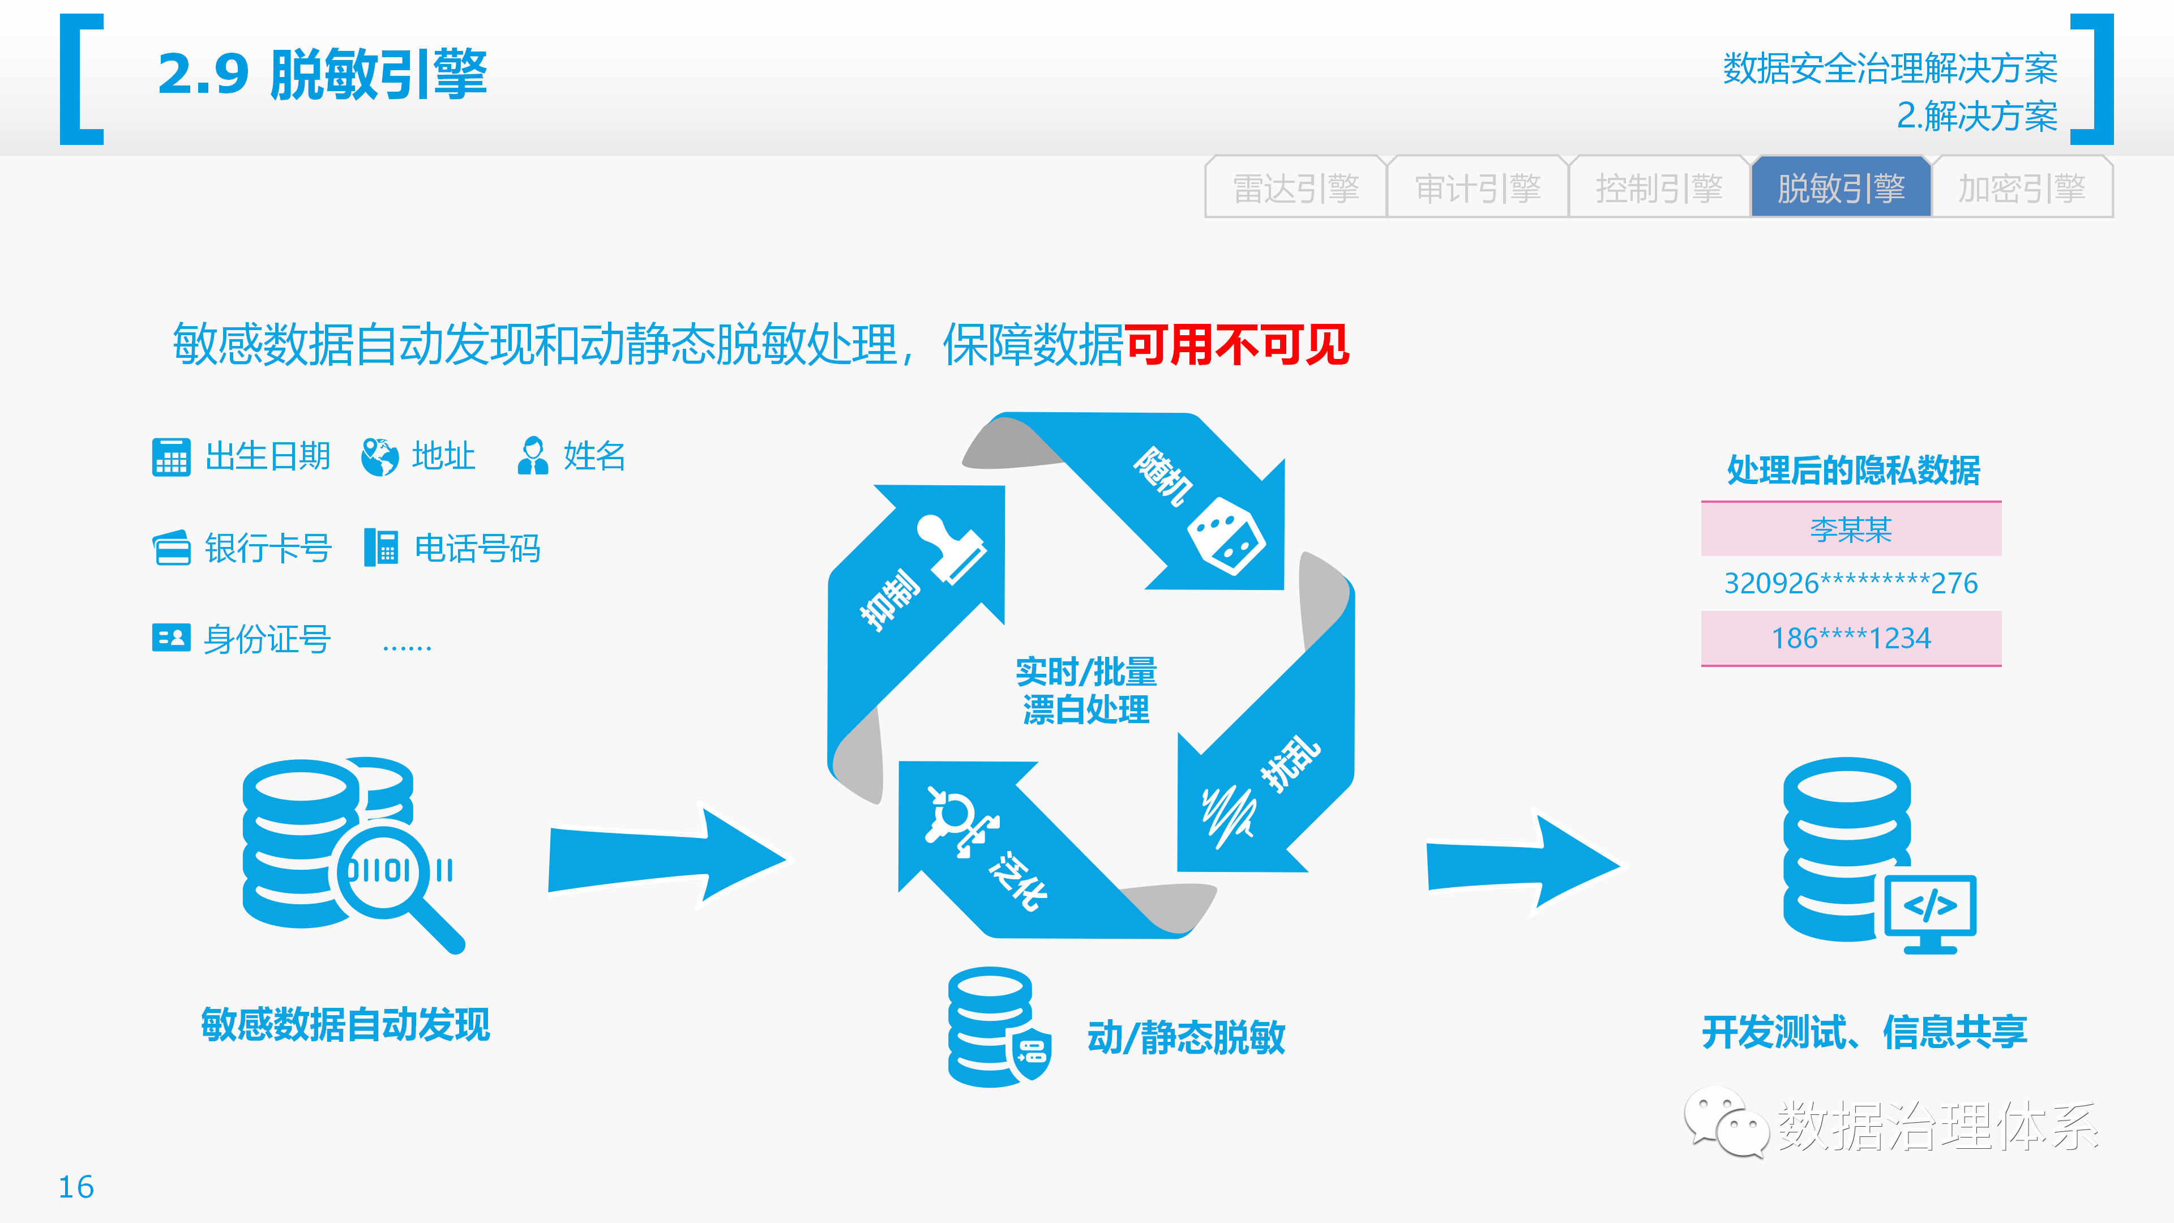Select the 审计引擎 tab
pos(1477,187)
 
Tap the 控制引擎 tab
pos(1659,187)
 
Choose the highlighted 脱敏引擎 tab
pos(1841,187)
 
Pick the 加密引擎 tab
pos(2022,187)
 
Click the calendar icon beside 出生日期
pos(172,456)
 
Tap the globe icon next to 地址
pos(380,456)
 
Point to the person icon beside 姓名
pos(533,456)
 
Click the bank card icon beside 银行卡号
pos(172,548)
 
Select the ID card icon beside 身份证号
pos(172,637)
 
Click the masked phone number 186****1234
pos(1851,638)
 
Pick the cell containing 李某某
pos(1851,529)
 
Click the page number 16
pos(76,1187)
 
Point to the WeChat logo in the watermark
pos(1726,1123)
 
